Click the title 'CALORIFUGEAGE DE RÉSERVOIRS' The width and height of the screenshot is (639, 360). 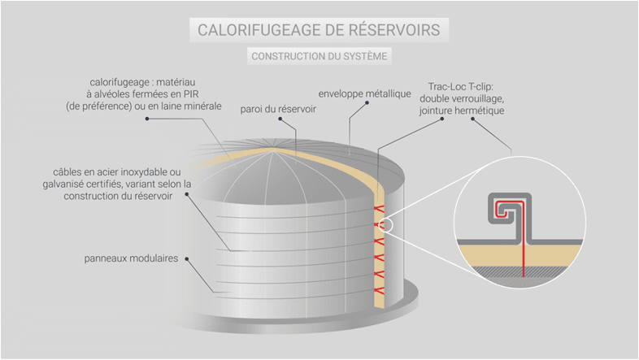(319, 30)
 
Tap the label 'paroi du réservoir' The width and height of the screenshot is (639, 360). (278, 108)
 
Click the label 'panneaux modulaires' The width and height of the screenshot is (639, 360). (132, 259)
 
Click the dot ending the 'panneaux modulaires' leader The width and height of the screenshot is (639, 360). (188, 259)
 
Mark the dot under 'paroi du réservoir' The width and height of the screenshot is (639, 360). (279, 119)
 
